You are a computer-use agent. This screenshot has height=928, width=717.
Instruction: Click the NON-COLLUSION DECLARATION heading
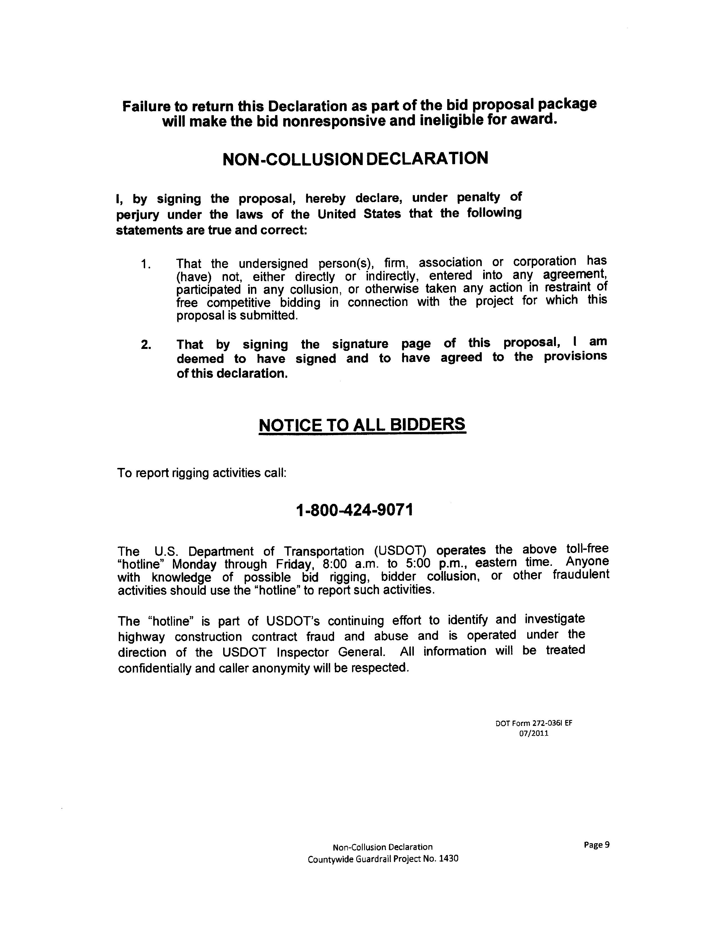(355, 159)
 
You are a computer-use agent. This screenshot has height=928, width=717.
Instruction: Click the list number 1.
(145, 264)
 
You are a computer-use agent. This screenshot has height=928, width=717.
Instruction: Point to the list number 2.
(145, 345)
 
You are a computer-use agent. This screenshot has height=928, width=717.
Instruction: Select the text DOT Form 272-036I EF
(534, 723)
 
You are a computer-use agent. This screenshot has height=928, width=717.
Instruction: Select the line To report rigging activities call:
(202, 473)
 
